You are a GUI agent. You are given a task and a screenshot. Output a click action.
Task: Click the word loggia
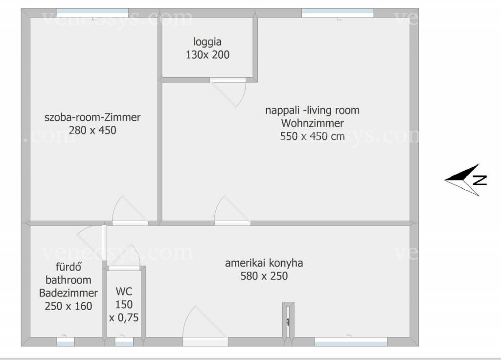207,42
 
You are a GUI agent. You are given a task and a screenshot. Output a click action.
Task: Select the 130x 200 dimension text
207,55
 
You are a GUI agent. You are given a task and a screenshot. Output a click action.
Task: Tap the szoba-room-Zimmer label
92,117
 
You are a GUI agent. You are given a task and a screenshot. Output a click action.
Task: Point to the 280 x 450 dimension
92,130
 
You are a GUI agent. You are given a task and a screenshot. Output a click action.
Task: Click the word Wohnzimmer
313,123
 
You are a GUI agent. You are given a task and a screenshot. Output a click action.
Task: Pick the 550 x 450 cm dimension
313,136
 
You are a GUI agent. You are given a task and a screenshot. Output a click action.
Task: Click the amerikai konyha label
264,263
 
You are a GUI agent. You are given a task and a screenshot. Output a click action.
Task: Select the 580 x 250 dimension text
264,276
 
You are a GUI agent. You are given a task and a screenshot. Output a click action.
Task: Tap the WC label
124,292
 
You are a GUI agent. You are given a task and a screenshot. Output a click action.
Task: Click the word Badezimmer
68,293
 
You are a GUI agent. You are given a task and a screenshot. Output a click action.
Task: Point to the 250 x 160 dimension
68,306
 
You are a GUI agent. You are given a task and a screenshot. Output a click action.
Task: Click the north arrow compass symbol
465,180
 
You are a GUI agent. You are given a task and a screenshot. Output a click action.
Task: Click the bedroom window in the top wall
92,13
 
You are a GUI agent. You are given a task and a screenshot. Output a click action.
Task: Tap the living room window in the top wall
338,13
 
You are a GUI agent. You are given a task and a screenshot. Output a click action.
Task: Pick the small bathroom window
66,341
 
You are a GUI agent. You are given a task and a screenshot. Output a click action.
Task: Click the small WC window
124,341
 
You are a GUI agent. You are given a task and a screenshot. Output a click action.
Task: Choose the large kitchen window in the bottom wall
351,341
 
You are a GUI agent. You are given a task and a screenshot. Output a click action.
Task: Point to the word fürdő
68,267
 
